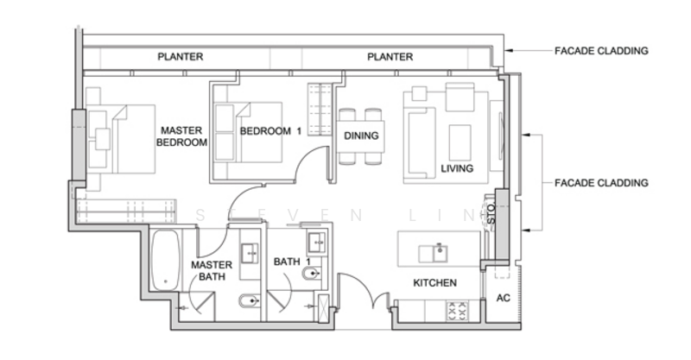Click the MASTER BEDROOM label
click(x=181, y=136)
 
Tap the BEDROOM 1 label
click(x=270, y=131)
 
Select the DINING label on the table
click(x=361, y=136)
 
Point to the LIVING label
click(x=457, y=168)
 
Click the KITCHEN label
click(x=434, y=283)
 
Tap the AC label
click(x=503, y=299)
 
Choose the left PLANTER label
click(x=181, y=57)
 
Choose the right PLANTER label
click(x=390, y=57)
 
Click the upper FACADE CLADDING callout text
click(x=601, y=51)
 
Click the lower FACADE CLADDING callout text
click(x=601, y=183)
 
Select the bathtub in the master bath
click(x=166, y=260)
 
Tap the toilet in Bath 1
click(x=312, y=275)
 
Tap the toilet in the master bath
click(x=250, y=301)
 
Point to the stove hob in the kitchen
click(x=458, y=310)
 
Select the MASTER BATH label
click(x=212, y=270)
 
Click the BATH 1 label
click(x=292, y=262)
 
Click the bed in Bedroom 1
click(x=248, y=133)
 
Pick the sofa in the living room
click(x=420, y=143)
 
